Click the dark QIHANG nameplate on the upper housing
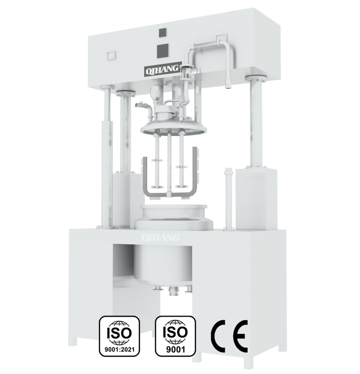pos(162,70)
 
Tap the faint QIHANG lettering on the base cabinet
pos(160,237)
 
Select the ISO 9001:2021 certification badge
pos(120,336)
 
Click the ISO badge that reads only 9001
pos(176,336)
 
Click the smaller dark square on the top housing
pos(162,32)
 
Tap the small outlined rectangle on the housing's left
pos(112,55)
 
